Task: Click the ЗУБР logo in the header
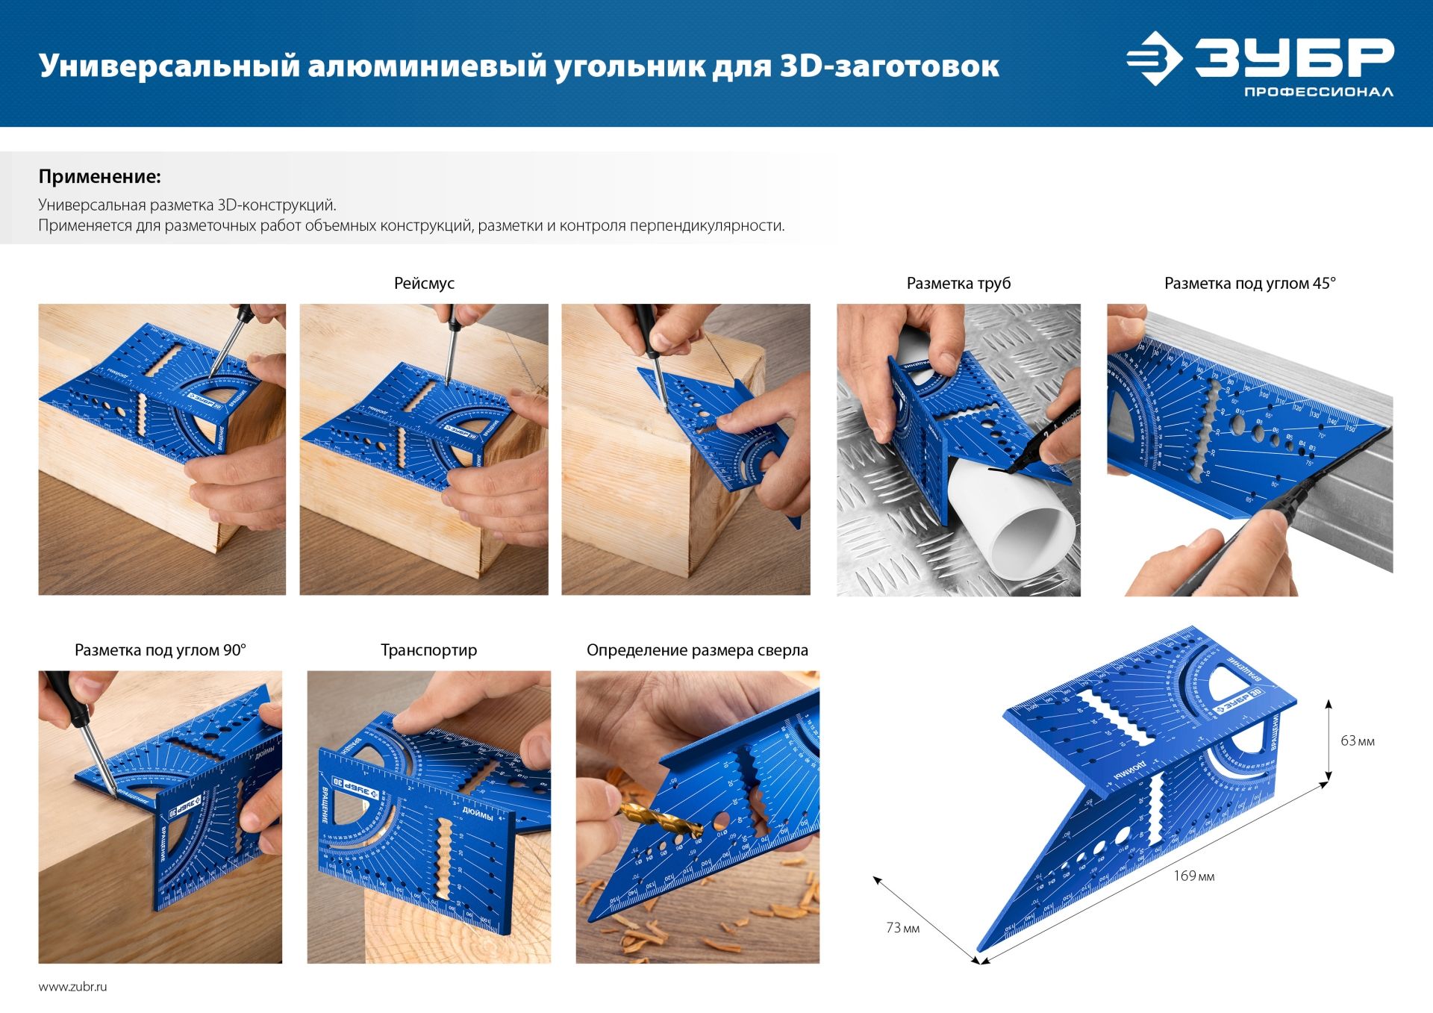pyautogui.click(x=1259, y=58)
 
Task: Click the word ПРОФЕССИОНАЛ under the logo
pyautogui.click(x=1318, y=93)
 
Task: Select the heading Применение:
pyautogui.click(x=99, y=177)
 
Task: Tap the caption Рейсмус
pyautogui.click(x=424, y=284)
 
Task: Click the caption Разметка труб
pyautogui.click(x=958, y=284)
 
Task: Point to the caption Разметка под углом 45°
pyautogui.click(x=1249, y=284)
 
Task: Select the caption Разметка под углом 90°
pyautogui.click(x=160, y=650)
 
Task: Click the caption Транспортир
pyautogui.click(x=428, y=650)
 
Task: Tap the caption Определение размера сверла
pyautogui.click(x=697, y=650)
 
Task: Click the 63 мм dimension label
pyautogui.click(x=1357, y=741)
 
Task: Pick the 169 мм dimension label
pyautogui.click(x=1193, y=876)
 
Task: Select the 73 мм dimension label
pyautogui.click(x=902, y=929)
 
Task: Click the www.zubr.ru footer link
pyautogui.click(x=72, y=987)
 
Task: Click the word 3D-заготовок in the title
pyautogui.click(x=889, y=66)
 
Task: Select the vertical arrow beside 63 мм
pyautogui.click(x=1329, y=740)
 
